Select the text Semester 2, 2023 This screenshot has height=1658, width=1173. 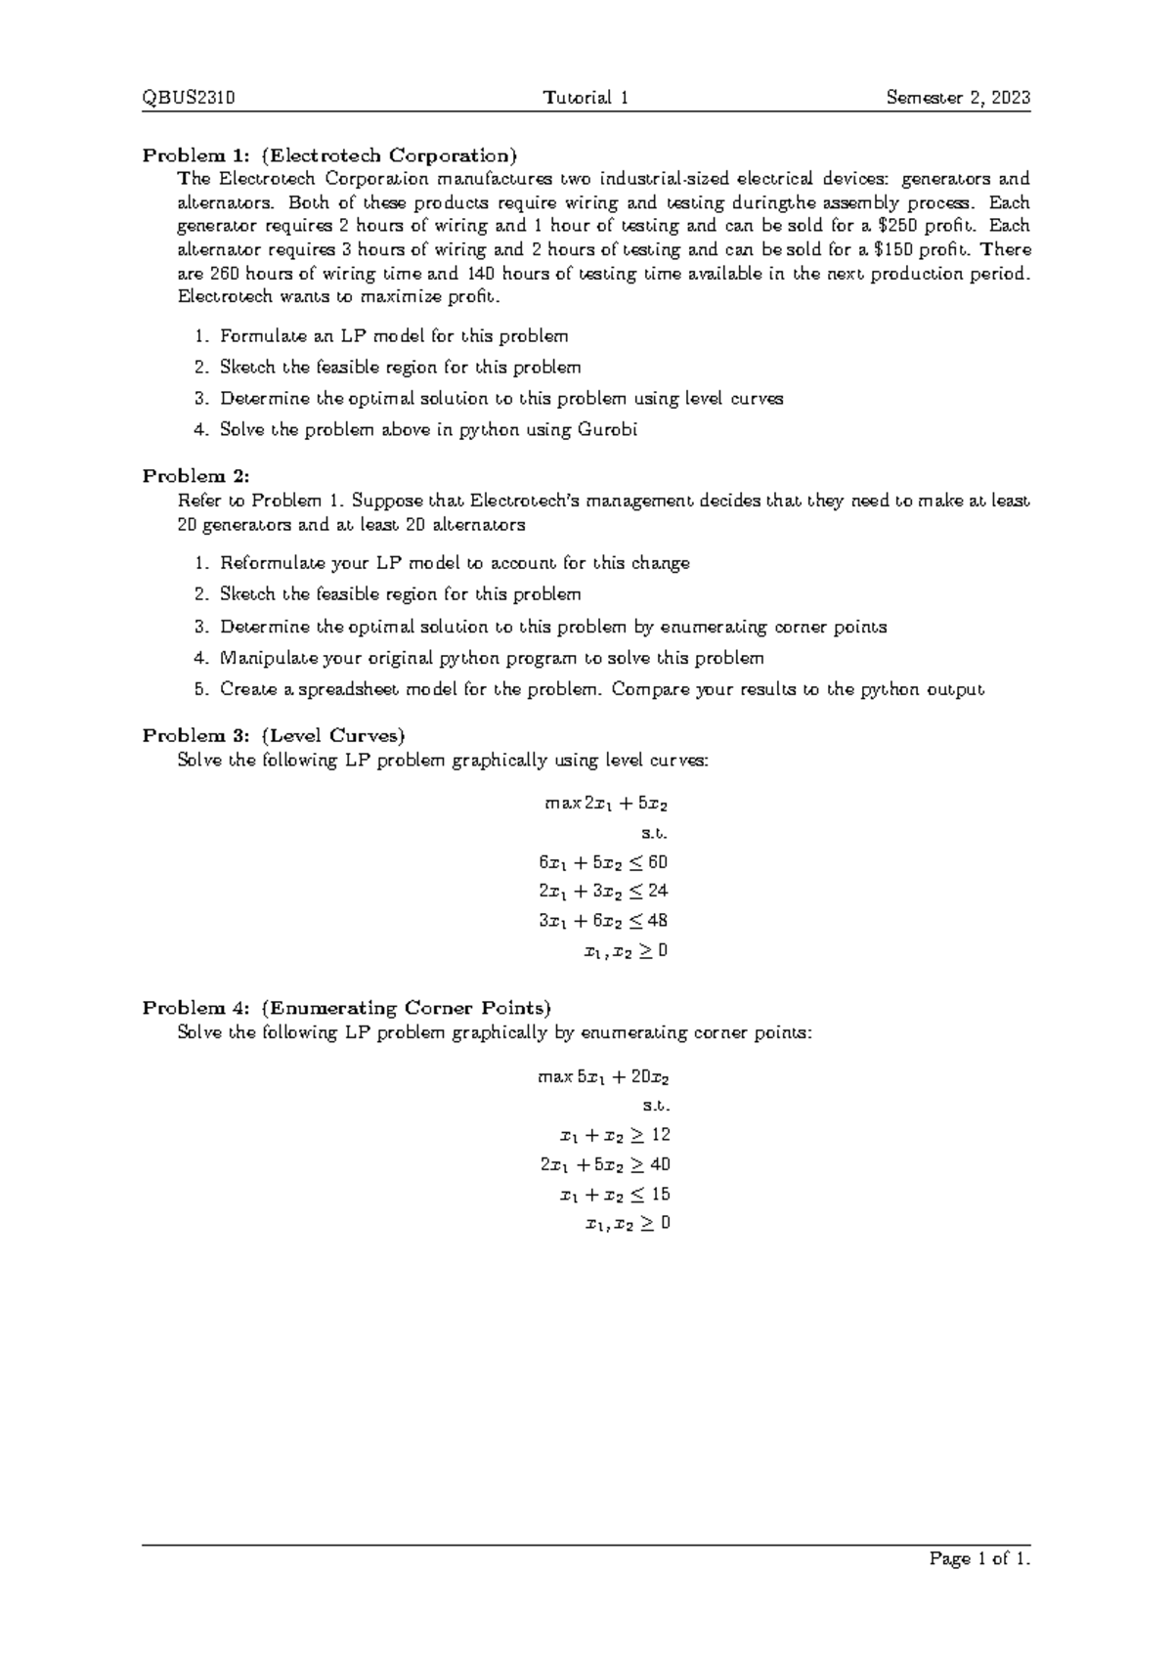click(958, 98)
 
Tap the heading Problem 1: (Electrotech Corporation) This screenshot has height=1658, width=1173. click(329, 155)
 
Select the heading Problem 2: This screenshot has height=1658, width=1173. click(196, 476)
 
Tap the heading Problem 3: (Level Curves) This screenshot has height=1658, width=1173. click(274, 735)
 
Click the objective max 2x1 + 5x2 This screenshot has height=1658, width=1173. click(606, 804)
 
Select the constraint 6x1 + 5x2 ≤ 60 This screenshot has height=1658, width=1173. click(603, 862)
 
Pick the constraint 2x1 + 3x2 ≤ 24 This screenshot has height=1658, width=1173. click(603, 892)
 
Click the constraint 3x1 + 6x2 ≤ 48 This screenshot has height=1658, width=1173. click(603, 921)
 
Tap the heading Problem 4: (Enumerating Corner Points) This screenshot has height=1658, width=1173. click(347, 1008)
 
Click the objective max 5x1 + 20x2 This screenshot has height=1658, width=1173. click(603, 1077)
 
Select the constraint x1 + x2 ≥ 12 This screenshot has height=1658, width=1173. click(614, 1136)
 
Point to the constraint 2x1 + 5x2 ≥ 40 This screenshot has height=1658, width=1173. click(605, 1165)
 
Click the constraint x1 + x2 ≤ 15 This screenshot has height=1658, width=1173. click(614, 1195)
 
